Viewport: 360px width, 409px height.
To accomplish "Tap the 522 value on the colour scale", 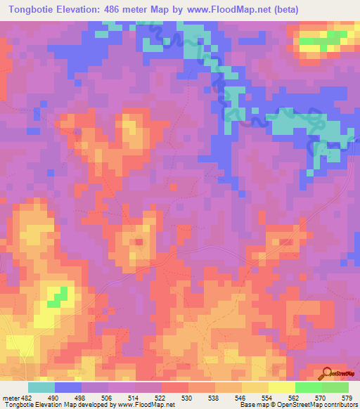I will click(x=161, y=396).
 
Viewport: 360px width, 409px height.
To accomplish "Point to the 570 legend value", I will click(x=321, y=396).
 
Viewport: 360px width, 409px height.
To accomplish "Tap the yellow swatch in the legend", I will click(x=281, y=387).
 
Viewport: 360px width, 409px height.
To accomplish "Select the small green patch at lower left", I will click(x=57, y=298).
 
